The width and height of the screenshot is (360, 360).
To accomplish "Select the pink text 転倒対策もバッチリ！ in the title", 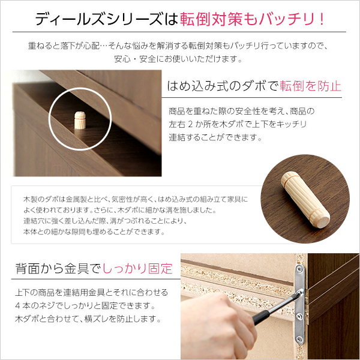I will coord(252,19).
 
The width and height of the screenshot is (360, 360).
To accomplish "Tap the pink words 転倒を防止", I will coord(310,86).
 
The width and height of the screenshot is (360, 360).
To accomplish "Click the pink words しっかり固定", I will coord(138,268).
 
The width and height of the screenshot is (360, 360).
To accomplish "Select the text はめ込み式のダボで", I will coord(223,86).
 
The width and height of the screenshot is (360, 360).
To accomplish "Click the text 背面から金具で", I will coord(58,268).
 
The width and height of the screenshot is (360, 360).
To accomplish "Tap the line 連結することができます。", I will coord(216,137).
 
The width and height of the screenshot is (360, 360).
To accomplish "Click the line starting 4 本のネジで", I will coord(84,306).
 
